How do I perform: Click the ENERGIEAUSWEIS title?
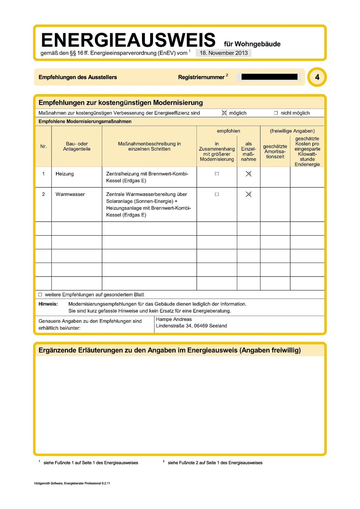pyautogui.click(x=128, y=40)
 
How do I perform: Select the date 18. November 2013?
pyautogui.click(x=224, y=53)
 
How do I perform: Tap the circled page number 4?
pyautogui.click(x=317, y=77)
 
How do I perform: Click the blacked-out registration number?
pyautogui.click(x=269, y=77)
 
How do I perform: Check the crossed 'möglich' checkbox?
pyautogui.click(x=224, y=113)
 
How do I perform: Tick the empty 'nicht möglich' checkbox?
pyautogui.click(x=276, y=113)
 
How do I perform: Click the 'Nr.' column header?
pyautogui.click(x=43, y=146)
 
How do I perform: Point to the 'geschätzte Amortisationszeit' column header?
pyautogui.click(x=275, y=152)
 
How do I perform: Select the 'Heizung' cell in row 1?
pyautogui.click(x=65, y=174)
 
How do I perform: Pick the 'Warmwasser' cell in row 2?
pyautogui.click(x=70, y=194)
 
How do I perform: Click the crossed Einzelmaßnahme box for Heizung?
pyautogui.click(x=249, y=174)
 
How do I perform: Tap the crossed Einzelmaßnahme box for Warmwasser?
pyautogui.click(x=249, y=194)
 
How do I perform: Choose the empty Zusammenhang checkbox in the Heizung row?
pyautogui.click(x=217, y=174)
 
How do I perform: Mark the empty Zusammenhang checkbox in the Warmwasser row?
pyautogui.click(x=217, y=194)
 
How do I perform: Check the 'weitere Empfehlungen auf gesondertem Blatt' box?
pyautogui.click(x=40, y=295)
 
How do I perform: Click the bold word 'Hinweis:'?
pyautogui.click(x=48, y=304)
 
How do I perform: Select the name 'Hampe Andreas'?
pyautogui.click(x=174, y=319)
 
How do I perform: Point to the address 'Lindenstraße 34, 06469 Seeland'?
pyautogui.click(x=191, y=326)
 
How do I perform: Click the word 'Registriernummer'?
pyautogui.click(x=201, y=77)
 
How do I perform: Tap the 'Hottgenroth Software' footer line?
pyautogui.click(x=72, y=483)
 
